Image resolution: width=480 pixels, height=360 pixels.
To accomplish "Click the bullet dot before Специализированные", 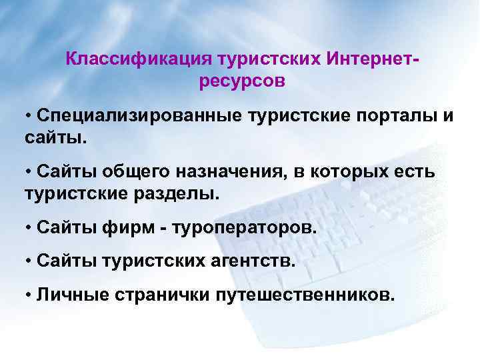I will (x=29, y=116).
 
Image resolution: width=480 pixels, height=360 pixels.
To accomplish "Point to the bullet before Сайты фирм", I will (x=29, y=229).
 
